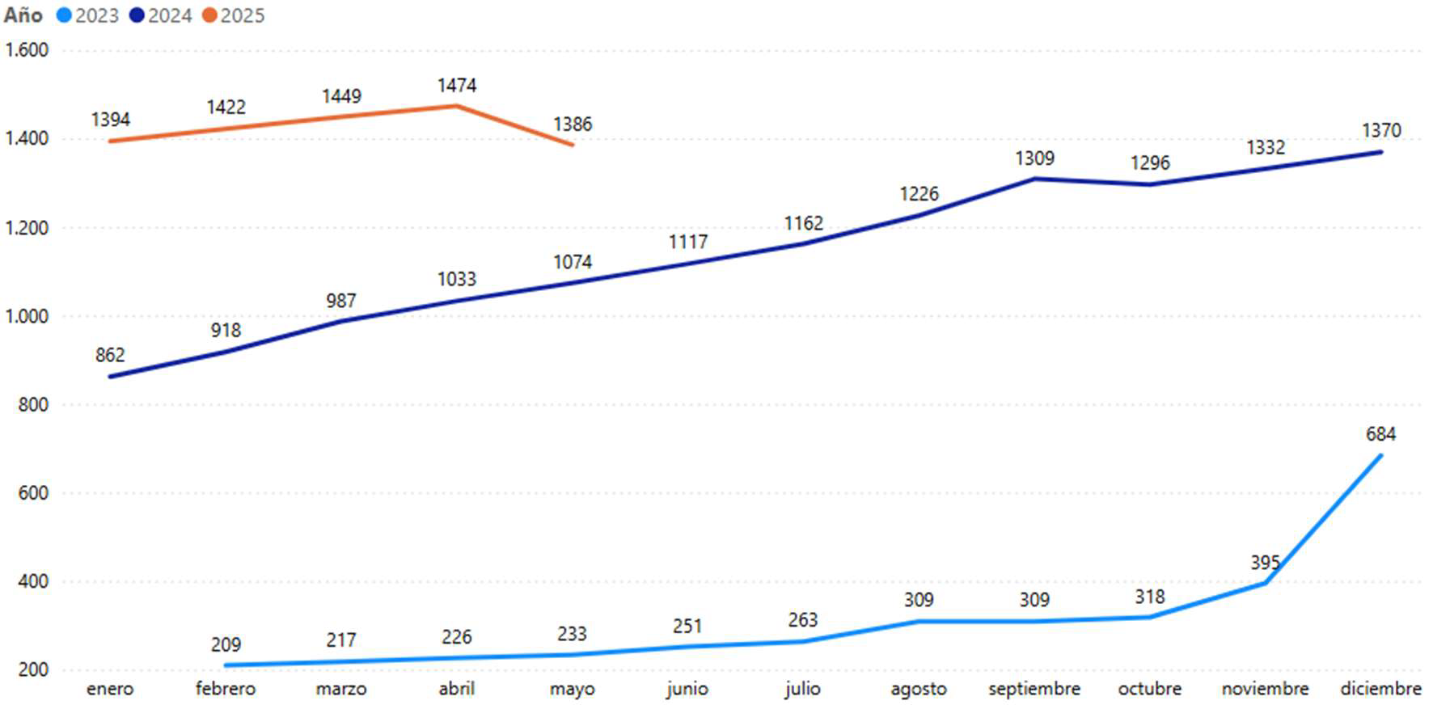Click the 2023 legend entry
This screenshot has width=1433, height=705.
(88, 15)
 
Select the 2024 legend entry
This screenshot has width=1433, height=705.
(161, 15)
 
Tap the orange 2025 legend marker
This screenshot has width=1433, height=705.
(209, 15)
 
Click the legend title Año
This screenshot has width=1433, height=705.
(23, 15)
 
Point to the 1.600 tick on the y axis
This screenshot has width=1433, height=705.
(27, 50)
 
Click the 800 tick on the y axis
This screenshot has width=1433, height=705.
(33, 404)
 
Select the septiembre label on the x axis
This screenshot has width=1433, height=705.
(1034, 689)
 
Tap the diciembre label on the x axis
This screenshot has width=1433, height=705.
(1380, 689)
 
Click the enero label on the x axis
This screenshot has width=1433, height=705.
(110, 689)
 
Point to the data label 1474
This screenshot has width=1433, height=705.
(457, 86)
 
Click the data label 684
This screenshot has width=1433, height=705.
(1380, 434)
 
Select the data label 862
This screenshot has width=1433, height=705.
(110, 355)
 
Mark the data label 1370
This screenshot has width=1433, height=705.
(1380, 130)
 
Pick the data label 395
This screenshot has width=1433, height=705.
(1265, 562)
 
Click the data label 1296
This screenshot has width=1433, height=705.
(1150, 163)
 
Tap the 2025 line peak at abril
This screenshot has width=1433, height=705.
(457, 106)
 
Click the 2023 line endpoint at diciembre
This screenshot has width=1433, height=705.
(1380, 456)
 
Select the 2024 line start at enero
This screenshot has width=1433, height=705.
(111, 377)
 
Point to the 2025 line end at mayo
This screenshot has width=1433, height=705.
(572, 145)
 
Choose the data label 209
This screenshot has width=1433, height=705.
(226, 645)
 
